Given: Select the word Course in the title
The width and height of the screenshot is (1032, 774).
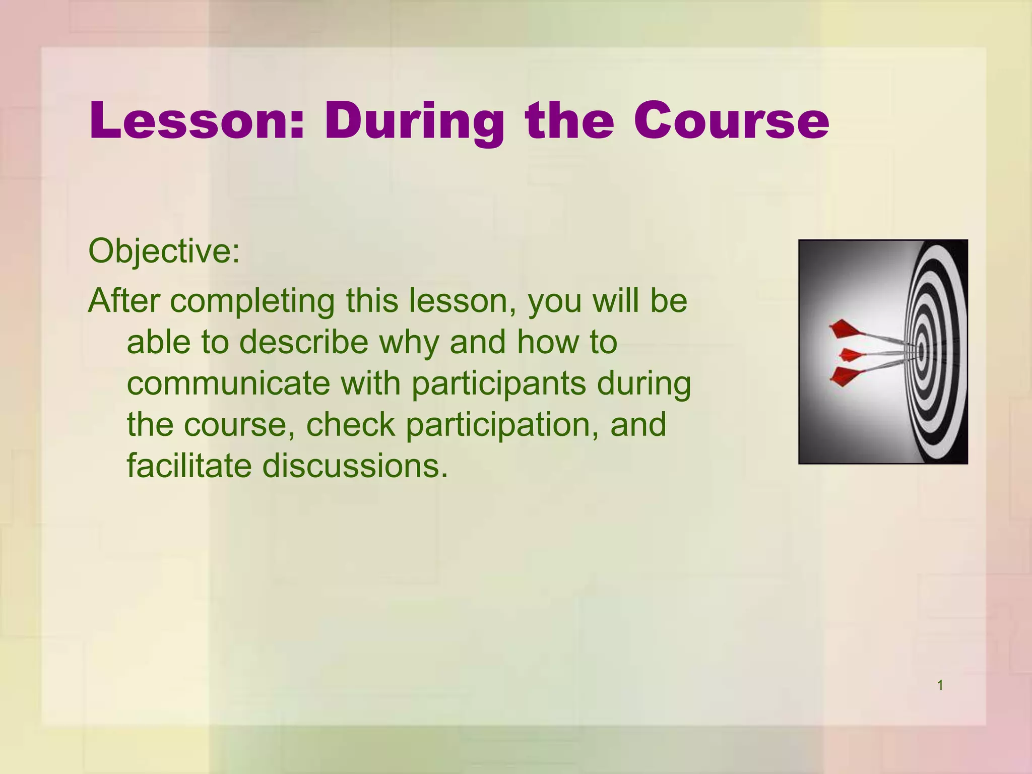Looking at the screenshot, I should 731,121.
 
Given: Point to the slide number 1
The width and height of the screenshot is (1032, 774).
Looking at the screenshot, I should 940,685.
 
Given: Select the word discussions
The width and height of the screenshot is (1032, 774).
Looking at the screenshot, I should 355,466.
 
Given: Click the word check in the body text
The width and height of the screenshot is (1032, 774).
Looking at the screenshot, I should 350,425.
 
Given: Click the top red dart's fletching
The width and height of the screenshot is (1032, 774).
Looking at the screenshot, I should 844,329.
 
